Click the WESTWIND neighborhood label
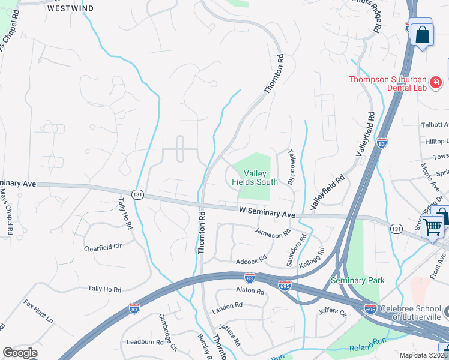71,9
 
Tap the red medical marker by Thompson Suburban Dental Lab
436,82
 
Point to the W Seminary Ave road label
267,214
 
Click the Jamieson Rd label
272,233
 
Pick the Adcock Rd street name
251,261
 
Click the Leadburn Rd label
145,342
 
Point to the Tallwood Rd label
292,166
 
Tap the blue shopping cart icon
432,227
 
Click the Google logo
20,353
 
